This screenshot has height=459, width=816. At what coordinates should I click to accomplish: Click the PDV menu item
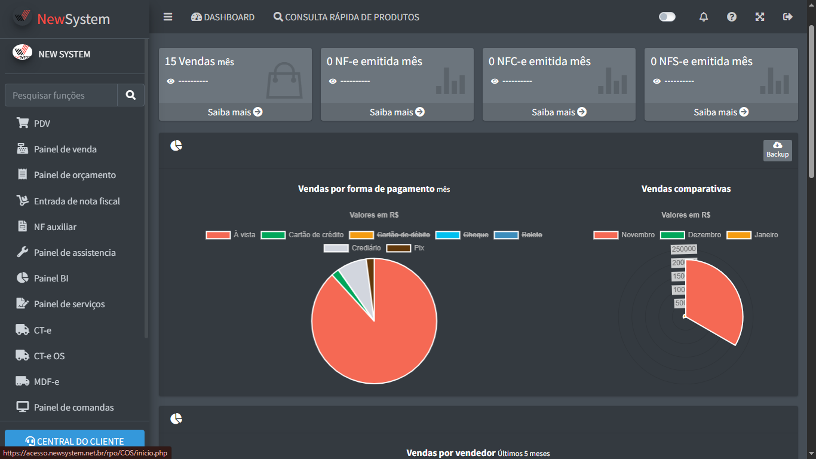tap(42, 124)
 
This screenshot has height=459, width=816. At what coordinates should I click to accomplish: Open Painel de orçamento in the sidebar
tap(75, 175)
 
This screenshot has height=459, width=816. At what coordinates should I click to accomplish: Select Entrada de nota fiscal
tap(76, 201)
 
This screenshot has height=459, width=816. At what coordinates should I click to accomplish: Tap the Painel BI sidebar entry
tap(51, 279)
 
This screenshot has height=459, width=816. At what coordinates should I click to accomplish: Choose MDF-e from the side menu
tap(46, 382)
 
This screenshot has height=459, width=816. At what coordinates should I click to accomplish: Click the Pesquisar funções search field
tap(61, 95)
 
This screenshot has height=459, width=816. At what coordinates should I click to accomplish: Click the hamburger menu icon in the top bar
tap(168, 17)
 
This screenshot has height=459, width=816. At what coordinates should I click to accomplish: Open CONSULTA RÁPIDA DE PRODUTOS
tap(346, 17)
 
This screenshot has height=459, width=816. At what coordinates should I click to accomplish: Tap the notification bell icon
tap(704, 17)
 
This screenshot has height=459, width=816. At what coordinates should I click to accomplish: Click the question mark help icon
tap(732, 17)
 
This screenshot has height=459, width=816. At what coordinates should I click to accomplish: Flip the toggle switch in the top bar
tap(667, 17)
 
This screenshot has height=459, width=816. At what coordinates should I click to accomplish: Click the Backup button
tap(777, 150)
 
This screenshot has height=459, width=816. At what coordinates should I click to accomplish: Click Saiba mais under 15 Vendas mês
tap(235, 112)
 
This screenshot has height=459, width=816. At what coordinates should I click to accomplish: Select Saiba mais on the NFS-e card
tap(721, 112)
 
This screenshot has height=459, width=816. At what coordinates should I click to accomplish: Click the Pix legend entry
tap(406, 248)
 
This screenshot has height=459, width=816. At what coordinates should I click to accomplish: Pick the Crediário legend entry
tap(353, 248)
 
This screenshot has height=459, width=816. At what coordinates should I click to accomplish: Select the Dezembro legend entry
tap(691, 235)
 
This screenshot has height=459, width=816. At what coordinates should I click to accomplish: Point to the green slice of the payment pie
tap(337, 275)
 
